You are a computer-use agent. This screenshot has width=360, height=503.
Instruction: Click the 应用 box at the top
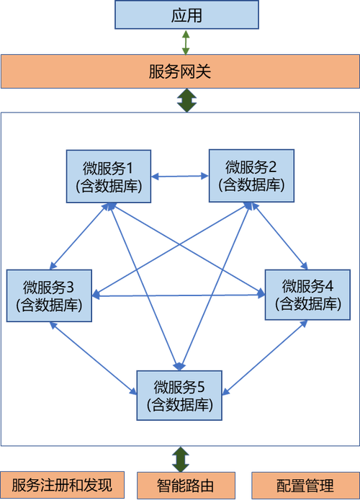(186, 14)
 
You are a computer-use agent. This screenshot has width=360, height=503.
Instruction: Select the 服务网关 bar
(180, 71)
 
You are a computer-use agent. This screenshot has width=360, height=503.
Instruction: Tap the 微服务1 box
(109, 176)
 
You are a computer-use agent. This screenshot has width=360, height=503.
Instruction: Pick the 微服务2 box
(252, 175)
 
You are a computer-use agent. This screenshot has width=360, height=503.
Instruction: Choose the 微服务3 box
(49, 295)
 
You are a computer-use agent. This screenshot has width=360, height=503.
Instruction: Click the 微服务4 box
(307, 295)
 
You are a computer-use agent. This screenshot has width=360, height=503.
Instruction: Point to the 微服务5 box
(179, 395)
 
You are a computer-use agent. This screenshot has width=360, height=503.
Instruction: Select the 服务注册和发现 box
(62, 485)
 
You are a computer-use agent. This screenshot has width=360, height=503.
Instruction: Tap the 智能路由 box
(186, 486)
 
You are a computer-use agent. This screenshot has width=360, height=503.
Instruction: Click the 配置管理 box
(305, 486)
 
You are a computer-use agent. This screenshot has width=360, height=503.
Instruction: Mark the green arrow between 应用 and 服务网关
(186, 42)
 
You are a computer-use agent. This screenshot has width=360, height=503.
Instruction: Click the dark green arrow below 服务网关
(187, 100)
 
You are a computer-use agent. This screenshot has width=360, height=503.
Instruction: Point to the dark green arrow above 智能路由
(181, 459)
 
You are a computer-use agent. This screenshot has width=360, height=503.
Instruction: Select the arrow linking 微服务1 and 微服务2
(180, 176)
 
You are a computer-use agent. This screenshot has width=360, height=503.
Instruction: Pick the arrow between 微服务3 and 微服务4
(179, 295)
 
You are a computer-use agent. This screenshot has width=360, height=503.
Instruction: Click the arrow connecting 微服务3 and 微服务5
(94, 358)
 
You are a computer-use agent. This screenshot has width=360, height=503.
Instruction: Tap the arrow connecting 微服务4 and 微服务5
(265, 357)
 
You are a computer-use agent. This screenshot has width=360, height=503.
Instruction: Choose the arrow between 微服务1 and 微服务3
(79, 236)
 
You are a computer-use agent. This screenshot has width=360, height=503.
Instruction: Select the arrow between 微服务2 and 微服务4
(279, 236)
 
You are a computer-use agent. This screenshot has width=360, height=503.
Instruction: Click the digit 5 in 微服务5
(201, 387)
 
